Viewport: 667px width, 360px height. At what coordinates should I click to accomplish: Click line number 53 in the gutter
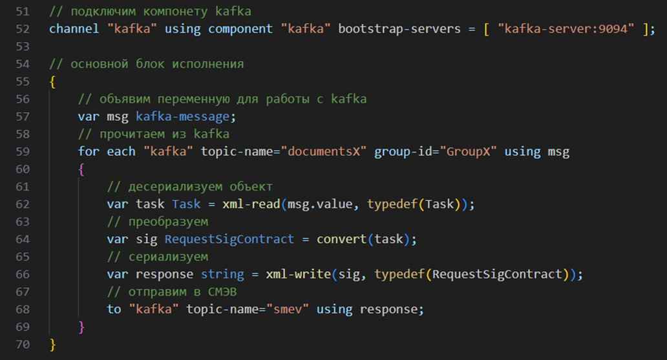23,47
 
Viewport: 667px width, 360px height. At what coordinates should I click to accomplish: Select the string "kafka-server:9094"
566,29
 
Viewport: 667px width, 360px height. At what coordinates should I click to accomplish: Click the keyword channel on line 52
74,29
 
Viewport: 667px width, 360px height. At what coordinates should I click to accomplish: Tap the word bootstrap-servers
399,29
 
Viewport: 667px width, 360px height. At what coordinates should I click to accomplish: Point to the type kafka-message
183,116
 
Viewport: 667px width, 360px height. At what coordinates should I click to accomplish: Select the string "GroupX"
468,151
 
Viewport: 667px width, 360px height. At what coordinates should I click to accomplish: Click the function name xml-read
251,204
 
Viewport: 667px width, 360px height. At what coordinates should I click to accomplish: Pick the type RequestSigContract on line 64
229,239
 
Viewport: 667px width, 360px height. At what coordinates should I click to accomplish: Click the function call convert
342,239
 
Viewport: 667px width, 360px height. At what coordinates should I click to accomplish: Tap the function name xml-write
298,274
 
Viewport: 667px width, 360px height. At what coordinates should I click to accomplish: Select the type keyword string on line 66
222,275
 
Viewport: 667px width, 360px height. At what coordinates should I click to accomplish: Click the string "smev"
287,310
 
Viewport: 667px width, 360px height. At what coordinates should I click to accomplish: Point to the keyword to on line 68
114,310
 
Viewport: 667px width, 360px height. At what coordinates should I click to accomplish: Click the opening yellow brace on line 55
53,81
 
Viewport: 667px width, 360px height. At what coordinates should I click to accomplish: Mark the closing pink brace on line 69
81,327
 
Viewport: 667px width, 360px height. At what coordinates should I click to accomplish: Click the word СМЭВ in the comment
222,292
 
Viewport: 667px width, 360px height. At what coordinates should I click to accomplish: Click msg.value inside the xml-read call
320,204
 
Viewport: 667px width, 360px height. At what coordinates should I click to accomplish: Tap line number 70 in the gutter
23,344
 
